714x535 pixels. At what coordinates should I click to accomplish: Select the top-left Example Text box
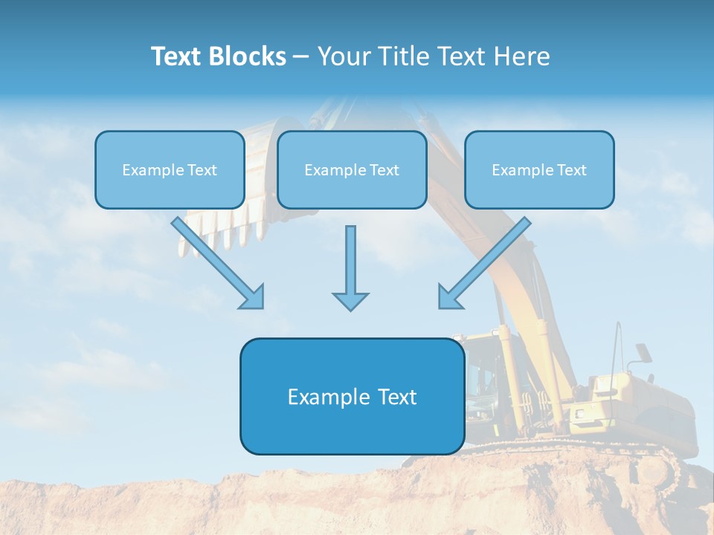(170, 169)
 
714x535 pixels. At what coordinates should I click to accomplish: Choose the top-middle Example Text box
(352, 169)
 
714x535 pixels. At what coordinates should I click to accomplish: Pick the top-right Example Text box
(539, 169)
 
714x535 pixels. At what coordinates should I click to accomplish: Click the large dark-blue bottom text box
(352, 396)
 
